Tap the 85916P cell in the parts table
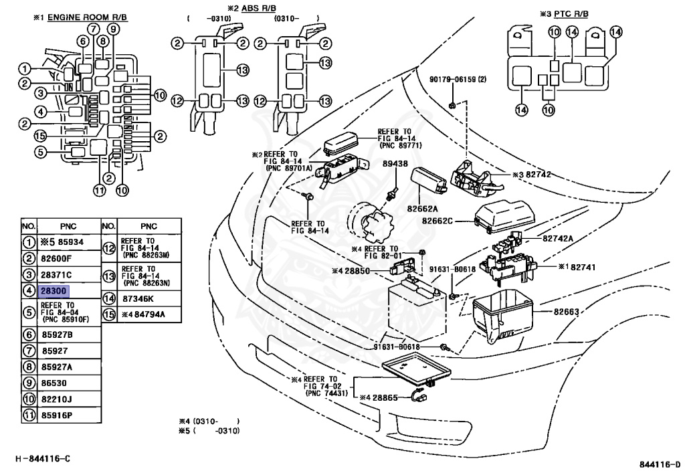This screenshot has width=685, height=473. [58, 414]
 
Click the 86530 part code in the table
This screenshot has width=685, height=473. [55, 383]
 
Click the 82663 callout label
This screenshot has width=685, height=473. [565, 312]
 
